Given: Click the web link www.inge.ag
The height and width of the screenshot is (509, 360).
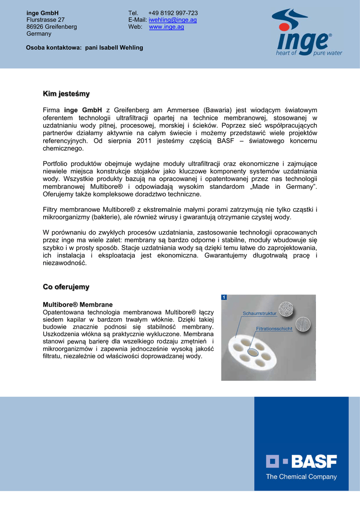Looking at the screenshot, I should point(167,27).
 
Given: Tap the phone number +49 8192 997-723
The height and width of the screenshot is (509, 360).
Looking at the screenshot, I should point(173,13).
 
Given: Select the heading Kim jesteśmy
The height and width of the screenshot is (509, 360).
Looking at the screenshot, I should point(66,93).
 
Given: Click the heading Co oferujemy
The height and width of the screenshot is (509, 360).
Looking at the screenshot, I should point(66,287).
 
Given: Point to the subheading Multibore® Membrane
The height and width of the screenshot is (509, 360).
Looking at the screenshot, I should point(78,304).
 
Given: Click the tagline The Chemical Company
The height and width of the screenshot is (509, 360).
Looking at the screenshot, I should point(301,477).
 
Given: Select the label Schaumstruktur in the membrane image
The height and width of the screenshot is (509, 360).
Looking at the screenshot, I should point(259,313).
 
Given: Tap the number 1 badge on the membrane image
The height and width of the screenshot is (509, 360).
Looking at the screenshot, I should point(225,297).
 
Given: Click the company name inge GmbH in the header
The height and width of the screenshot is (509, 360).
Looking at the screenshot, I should point(42,13).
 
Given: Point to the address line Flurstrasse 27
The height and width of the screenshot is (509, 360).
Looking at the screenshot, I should point(45,20).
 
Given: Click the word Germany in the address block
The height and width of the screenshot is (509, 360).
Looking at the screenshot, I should point(39,34).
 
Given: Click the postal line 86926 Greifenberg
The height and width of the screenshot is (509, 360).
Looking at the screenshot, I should point(52,27).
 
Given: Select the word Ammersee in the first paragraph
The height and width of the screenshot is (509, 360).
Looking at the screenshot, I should point(181,110).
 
